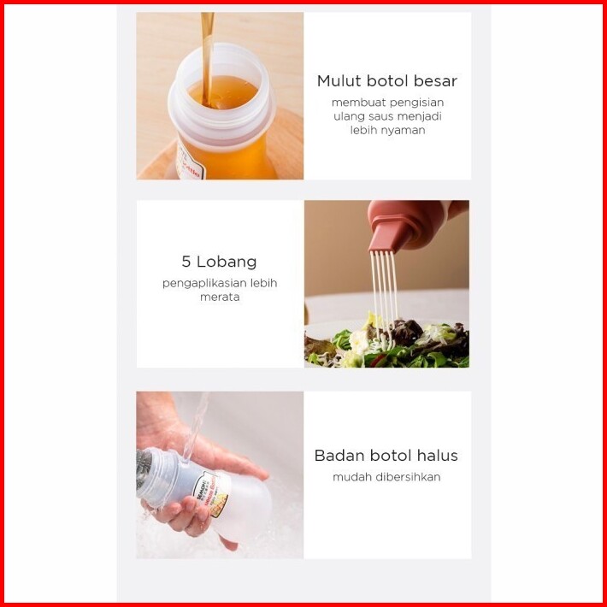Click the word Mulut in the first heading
click(x=339, y=81)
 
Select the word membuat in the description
click(x=358, y=103)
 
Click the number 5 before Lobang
click(x=186, y=262)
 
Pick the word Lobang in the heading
click(x=227, y=262)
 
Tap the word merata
click(x=220, y=298)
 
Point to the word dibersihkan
click(x=410, y=477)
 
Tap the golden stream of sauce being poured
click(x=207, y=58)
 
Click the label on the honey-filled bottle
click(x=189, y=163)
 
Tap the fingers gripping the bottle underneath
click(x=182, y=516)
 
